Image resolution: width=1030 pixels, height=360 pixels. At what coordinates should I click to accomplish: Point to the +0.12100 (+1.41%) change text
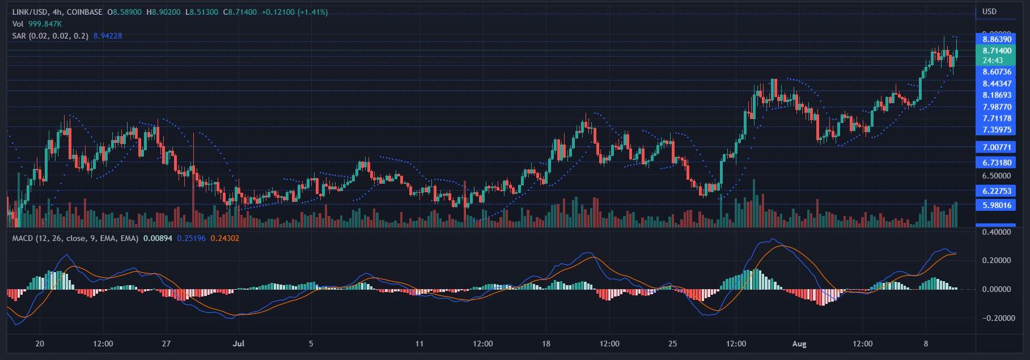coord(296,12)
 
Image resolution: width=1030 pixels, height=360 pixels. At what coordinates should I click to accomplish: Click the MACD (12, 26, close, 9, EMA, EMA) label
coord(75,239)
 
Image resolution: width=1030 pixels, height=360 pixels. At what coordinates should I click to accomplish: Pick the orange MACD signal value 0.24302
coord(224,239)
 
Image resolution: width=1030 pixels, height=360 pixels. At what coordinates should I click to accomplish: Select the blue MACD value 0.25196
coord(192,239)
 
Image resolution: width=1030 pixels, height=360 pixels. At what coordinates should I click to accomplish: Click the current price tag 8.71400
coord(997,50)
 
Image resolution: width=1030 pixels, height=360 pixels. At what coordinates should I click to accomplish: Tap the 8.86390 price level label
coord(997,39)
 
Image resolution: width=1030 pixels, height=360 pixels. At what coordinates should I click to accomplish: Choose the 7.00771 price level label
coord(997,147)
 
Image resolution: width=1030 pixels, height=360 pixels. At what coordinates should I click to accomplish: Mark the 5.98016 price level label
coord(997,205)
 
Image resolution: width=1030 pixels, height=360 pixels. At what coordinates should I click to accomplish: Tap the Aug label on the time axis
coord(798,344)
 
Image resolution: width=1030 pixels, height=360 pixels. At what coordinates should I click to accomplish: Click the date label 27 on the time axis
coord(166,344)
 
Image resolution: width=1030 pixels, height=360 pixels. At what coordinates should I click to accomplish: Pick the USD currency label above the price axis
coord(989,12)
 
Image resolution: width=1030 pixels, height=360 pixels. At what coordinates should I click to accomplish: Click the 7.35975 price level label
coord(997,130)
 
